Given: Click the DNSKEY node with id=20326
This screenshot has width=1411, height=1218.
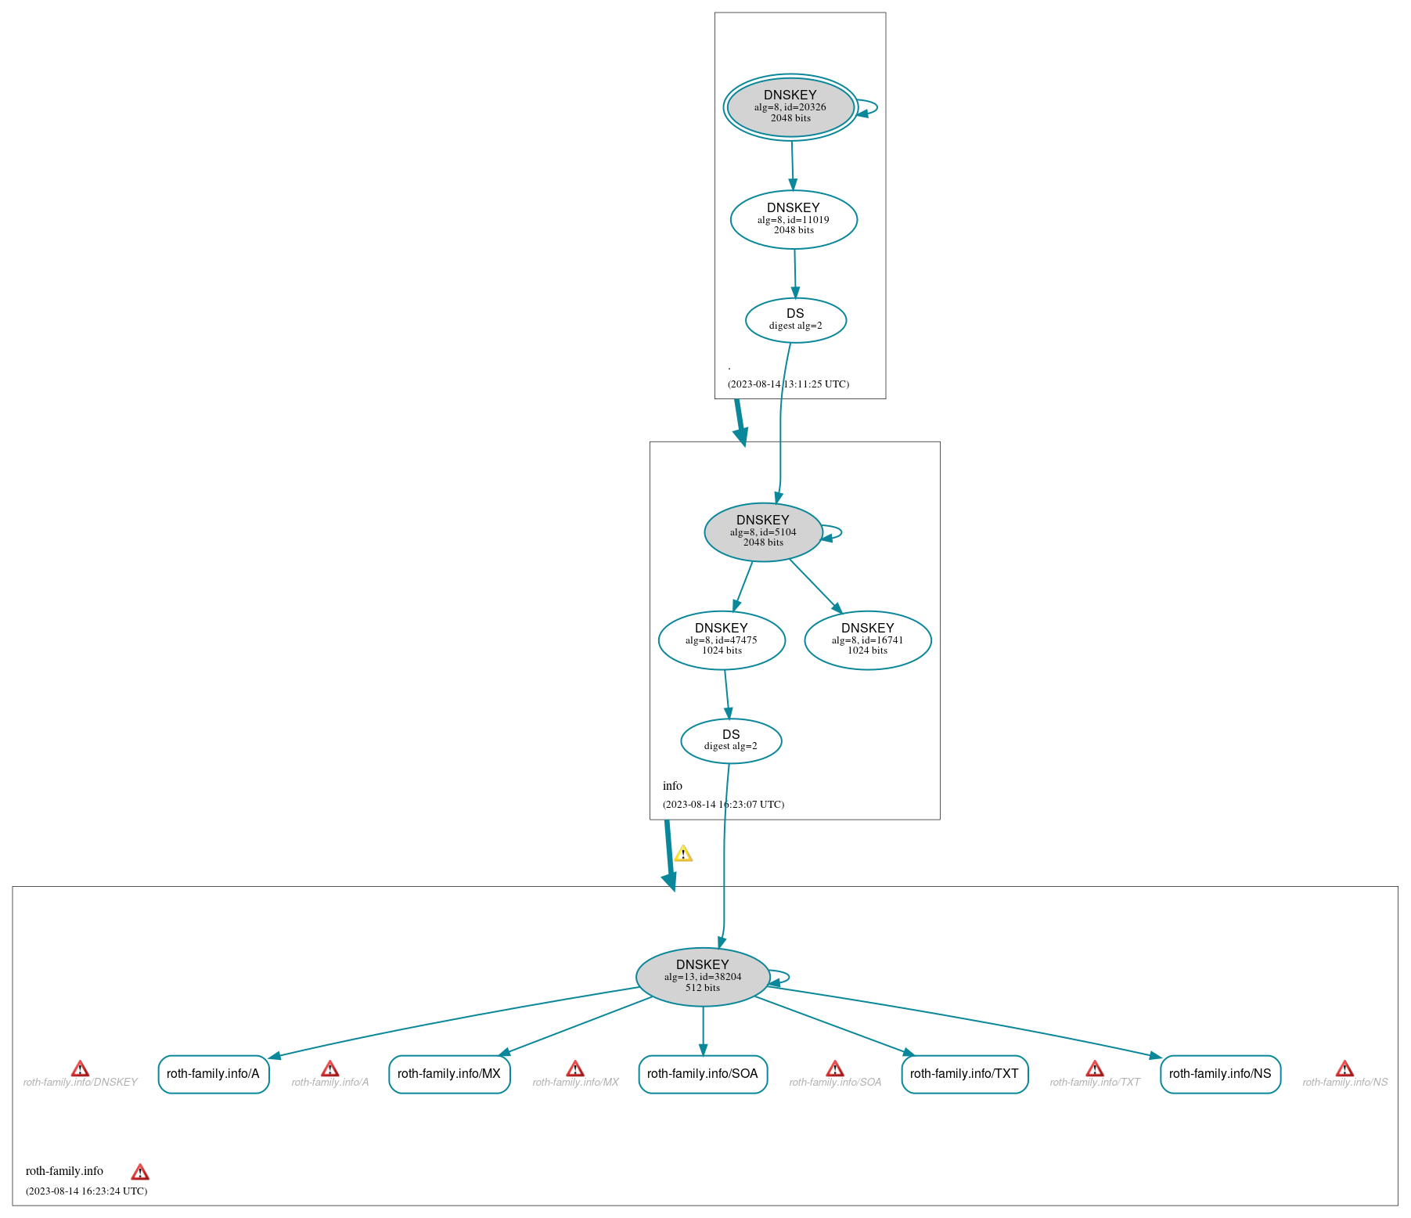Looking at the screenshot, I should click(x=790, y=107).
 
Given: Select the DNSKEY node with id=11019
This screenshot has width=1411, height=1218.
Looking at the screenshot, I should click(x=794, y=220).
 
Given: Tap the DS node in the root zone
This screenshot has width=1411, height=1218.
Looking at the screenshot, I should click(x=795, y=320).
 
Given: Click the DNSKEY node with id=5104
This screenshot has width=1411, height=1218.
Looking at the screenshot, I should click(x=763, y=532).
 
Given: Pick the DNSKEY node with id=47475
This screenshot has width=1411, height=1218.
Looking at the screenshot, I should click(x=722, y=640).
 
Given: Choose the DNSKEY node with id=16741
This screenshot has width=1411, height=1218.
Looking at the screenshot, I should click(x=867, y=640).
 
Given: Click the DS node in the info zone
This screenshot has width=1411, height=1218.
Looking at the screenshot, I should click(x=731, y=741).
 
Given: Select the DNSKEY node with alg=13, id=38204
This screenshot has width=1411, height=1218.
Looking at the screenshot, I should click(x=703, y=977).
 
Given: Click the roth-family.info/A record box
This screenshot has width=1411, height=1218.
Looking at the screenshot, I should click(x=214, y=1074).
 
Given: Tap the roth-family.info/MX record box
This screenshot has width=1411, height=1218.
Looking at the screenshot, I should click(x=449, y=1074).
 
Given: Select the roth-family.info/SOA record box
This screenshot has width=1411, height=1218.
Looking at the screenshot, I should click(x=703, y=1074).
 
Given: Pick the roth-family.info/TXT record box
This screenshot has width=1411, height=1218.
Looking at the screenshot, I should click(x=964, y=1074).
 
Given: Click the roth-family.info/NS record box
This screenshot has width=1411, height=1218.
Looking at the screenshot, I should click(x=1220, y=1074).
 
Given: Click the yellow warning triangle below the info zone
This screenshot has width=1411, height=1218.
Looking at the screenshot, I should click(x=683, y=853).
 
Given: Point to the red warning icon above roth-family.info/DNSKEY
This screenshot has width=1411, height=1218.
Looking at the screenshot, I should click(x=80, y=1068).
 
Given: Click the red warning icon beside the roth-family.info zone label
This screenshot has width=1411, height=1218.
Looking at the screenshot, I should click(x=140, y=1172).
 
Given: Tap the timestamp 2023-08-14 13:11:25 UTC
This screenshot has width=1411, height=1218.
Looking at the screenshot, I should click(x=788, y=384).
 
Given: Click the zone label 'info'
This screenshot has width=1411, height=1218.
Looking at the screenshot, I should click(x=672, y=786).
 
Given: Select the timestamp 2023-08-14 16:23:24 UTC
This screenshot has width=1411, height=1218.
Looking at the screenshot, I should click(x=86, y=1191).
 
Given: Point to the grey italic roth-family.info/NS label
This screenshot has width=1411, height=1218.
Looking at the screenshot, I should click(x=1344, y=1083).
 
